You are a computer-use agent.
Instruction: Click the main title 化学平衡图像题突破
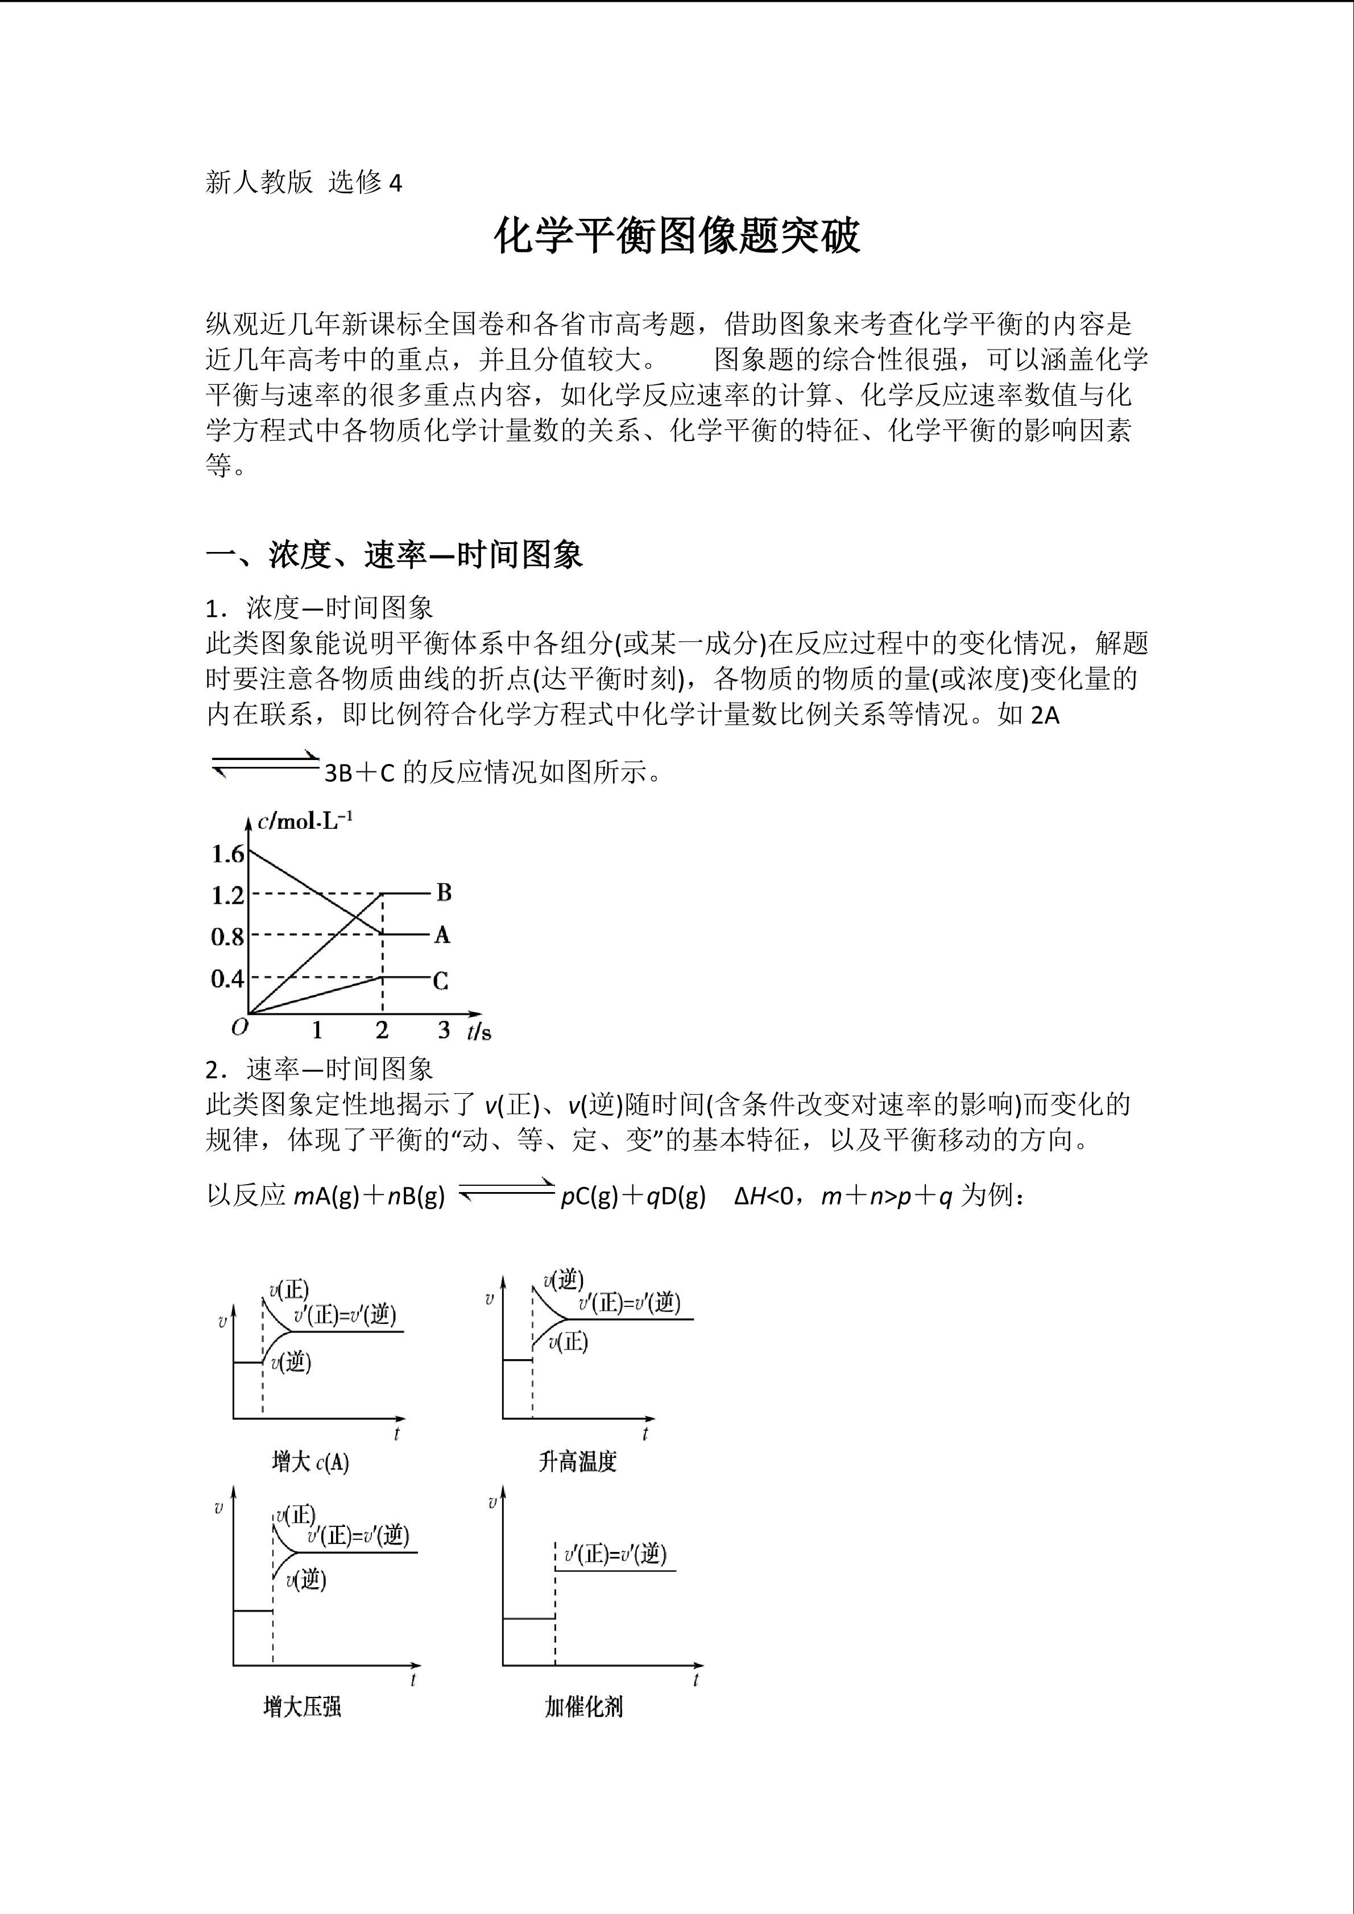point(676,236)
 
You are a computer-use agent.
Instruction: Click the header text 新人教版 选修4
point(304,182)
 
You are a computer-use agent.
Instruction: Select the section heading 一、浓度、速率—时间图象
point(394,554)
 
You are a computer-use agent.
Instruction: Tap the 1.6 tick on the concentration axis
point(227,854)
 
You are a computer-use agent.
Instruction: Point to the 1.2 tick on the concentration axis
point(227,895)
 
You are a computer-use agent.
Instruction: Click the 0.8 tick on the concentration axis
point(227,937)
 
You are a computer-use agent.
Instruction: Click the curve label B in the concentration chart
point(444,893)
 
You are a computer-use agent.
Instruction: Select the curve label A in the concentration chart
point(442,935)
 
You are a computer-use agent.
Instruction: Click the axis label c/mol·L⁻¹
point(305,822)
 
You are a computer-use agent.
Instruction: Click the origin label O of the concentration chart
point(240,1027)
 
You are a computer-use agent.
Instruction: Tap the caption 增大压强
point(302,1701)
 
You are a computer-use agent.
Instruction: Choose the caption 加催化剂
point(583,1701)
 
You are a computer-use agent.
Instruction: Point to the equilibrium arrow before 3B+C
point(264,763)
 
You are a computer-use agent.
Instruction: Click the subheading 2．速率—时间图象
point(320,1069)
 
